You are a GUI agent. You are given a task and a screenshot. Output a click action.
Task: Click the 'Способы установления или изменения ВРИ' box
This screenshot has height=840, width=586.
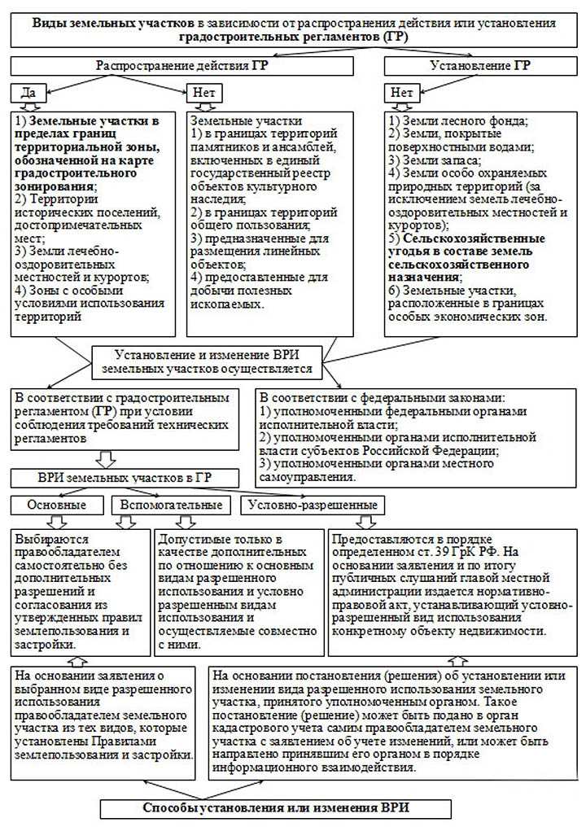[x=276, y=808]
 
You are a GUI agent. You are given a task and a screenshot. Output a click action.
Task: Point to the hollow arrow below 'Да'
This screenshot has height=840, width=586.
[x=28, y=107]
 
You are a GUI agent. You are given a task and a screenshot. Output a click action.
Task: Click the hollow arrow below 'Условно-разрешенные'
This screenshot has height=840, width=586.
[x=366, y=522]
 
